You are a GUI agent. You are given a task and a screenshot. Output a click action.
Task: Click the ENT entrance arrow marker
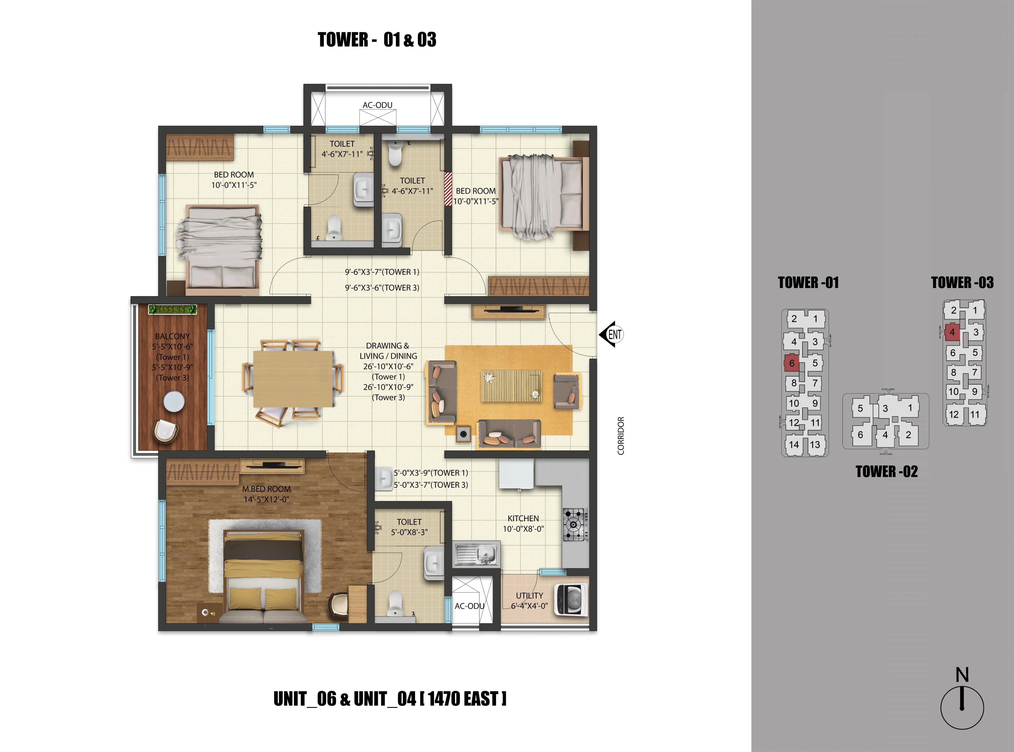click(x=611, y=335)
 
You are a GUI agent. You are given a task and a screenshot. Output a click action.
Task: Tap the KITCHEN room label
click(x=523, y=518)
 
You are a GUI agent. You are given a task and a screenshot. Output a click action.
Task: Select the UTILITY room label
click(x=529, y=595)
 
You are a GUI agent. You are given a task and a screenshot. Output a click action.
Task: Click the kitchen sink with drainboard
click(x=477, y=554)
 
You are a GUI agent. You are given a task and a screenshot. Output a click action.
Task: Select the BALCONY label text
click(x=172, y=336)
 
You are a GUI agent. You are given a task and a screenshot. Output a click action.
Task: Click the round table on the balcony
click(x=174, y=401)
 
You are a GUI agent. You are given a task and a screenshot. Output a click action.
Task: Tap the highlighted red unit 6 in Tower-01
click(x=792, y=363)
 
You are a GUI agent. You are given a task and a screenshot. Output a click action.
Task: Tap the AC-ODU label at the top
click(x=377, y=105)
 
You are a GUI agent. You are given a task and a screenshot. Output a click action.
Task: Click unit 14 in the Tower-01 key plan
click(x=794, y=445)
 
